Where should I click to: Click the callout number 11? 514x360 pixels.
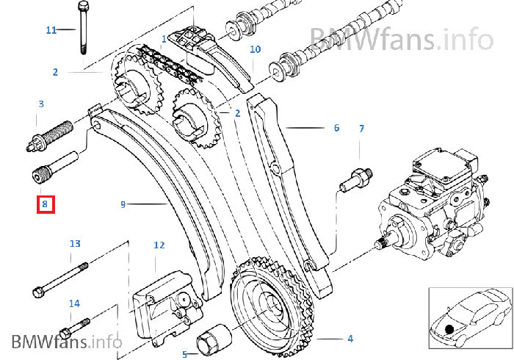(x=51, y=30)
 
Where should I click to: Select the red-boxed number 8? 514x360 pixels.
(x=45, y=204)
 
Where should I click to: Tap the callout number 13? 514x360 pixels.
(x=74, y=243)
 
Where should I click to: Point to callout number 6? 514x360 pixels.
(x=336, y=128)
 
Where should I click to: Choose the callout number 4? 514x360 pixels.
(x=350, y=338)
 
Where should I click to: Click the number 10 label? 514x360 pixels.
(x=255, y=50)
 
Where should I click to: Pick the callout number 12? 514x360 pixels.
(x=159, y=245)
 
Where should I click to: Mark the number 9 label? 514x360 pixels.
(x=123, y=204)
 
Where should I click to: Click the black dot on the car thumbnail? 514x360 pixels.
(x=449, y=327)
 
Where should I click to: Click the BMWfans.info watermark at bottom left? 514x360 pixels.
(x=66, y=342)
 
